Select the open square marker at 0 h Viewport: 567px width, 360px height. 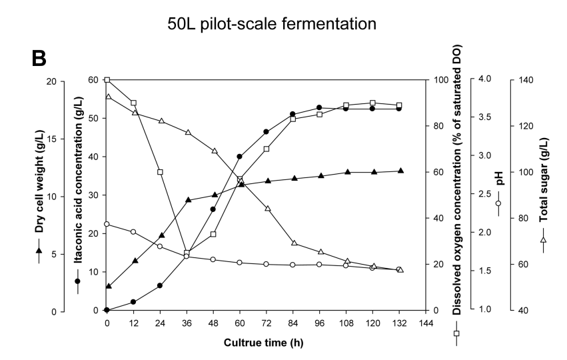tap(107, 80)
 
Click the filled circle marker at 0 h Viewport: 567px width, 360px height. tap(107, 310)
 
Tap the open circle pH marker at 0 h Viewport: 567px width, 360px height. tap(107, 224)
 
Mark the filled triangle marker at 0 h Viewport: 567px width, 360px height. tap(108, 286)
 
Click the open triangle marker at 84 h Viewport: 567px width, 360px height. tap(293, 243)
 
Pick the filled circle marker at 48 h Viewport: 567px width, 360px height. tap(213, 209)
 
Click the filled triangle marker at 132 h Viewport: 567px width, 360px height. tap(400, 171)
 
